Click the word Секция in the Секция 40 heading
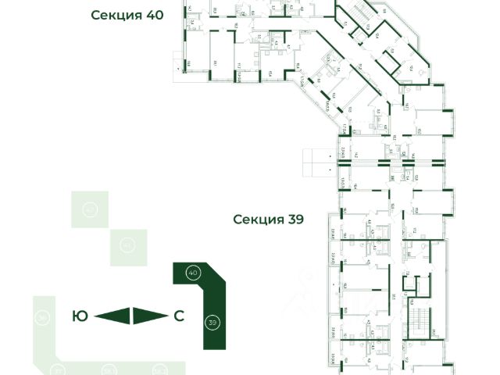(116, 15)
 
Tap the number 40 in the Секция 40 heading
(152, 15)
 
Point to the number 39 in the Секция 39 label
(295, 220)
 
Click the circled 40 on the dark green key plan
(193, 273)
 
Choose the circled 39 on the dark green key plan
(212, 322)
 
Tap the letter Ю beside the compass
(80, 316)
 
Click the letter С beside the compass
(179, 316)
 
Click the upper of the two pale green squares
(91, 209)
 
